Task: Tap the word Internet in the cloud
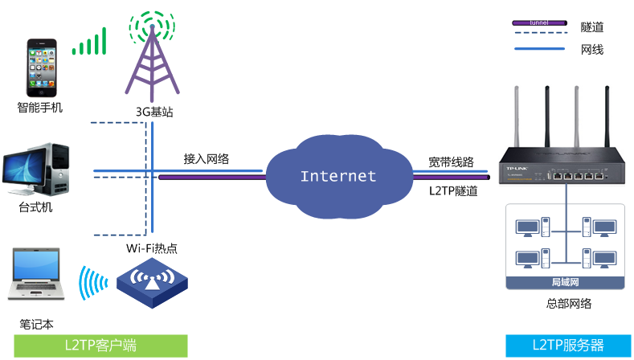pyautogui.click(x=337, y=176)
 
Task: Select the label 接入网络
pyautogui.click(x=207, y=159)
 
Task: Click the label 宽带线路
pyautogui.click(x=451, y=162)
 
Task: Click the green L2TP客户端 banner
pyautogui.click(x=94, y=346)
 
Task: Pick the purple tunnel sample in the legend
pyautogui.click(x=539, y=24)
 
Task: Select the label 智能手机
pyautogui.click(x=39, y=107)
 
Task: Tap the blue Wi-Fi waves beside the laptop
pyautogui.click(x=89, y=284)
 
